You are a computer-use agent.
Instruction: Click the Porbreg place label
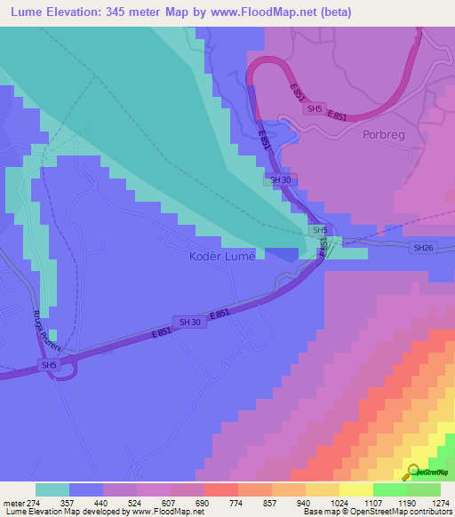[x=384, y=135]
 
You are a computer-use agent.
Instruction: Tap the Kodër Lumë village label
[x=222, y=257]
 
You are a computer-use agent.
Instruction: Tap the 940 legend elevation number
[x=302, y=502]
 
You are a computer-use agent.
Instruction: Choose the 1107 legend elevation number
[x=371, y=502]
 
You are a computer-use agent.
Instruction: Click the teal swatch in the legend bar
[x=52, y=489]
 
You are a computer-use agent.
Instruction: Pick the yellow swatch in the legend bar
[x=355, y=489]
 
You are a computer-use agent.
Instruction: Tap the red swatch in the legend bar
[x=220, y=489]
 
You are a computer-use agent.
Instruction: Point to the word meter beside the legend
[x=11, y=502]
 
